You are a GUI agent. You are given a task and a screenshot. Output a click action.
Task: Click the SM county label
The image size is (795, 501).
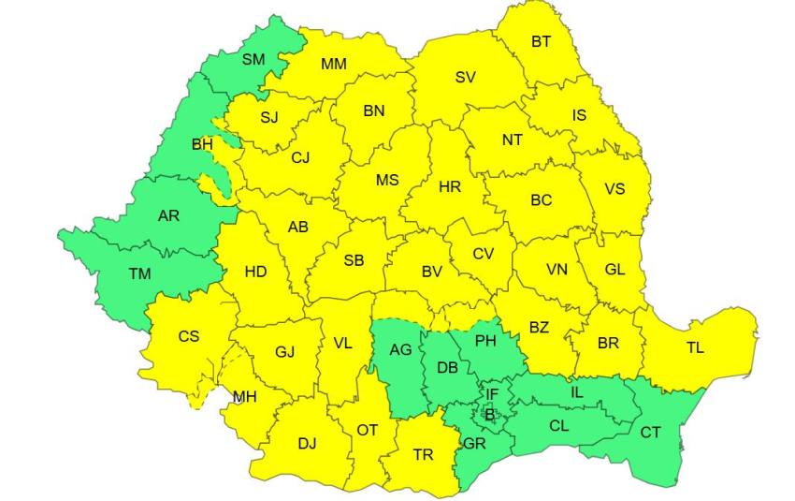(x=253, y=59)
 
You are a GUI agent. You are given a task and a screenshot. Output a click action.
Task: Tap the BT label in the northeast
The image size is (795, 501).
(x=542, y=41)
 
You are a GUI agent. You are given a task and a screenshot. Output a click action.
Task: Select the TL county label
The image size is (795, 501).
(x=695, y=347)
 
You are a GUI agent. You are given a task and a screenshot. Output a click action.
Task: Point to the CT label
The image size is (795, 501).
(x=650, y=432)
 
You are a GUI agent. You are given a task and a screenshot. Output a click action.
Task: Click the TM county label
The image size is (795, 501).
(x=139, y=274)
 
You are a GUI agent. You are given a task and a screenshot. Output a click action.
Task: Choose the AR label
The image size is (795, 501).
(x=168, y=215)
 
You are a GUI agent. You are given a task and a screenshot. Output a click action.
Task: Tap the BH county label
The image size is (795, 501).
(x=202, y=144)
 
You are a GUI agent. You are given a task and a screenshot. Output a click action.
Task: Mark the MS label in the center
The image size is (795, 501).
(x=387, y=180)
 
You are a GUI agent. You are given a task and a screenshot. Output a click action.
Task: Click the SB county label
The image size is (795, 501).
(x=354, y=260)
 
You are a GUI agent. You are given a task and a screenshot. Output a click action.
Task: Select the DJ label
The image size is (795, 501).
(x=307, y=443)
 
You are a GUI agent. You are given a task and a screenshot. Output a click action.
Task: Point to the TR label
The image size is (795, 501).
(x=423, y=454)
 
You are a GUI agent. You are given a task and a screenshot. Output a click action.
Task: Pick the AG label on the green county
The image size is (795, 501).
(x=400, y=349)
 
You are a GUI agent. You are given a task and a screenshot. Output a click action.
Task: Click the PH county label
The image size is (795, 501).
(x=485, y=341)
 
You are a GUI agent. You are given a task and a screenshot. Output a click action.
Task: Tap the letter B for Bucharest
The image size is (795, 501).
(x=489, y=413)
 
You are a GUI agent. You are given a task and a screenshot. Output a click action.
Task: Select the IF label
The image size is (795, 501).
(x=491, y=395)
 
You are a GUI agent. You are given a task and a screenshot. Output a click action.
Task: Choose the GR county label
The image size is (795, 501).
(x=474, y=443)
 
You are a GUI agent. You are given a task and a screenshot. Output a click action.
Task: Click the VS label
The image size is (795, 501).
(x=614, y=188)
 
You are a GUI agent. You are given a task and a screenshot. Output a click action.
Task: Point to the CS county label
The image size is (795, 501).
(x=189, y=336)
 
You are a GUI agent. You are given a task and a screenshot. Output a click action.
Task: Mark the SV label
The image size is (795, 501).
(x=465, y=77)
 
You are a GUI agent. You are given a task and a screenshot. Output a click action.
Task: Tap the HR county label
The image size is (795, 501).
(x=450, y=186)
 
